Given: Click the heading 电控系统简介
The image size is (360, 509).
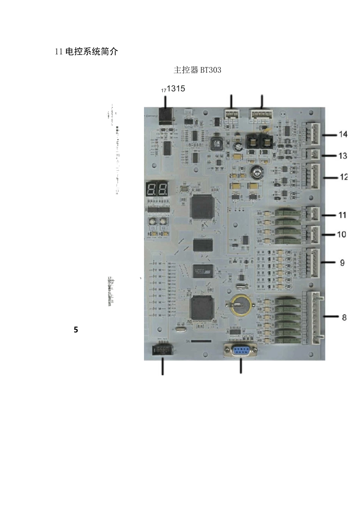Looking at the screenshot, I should point(86,52).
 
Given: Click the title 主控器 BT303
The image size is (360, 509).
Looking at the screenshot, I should point(197,70).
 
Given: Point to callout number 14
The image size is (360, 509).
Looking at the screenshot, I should point(343,134).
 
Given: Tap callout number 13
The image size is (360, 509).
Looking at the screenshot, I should point(343,156).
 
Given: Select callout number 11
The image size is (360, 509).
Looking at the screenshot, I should point(342,215).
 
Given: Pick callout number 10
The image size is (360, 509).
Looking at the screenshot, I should point(342,234).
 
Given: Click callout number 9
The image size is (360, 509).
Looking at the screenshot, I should point(342,262).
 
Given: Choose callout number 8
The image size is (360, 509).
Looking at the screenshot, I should point(344,317).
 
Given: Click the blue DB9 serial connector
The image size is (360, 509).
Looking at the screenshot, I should point(240,350).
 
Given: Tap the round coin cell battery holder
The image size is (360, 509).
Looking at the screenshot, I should point(239,304).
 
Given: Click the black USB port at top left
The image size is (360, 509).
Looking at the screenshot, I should point(166,116).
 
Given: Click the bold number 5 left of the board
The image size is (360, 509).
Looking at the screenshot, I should point(76,330).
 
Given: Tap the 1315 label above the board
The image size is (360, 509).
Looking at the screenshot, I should point(176,89).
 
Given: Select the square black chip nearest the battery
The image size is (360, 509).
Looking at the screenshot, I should point(202,308).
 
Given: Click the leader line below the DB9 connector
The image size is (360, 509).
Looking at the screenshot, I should point(241,367).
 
